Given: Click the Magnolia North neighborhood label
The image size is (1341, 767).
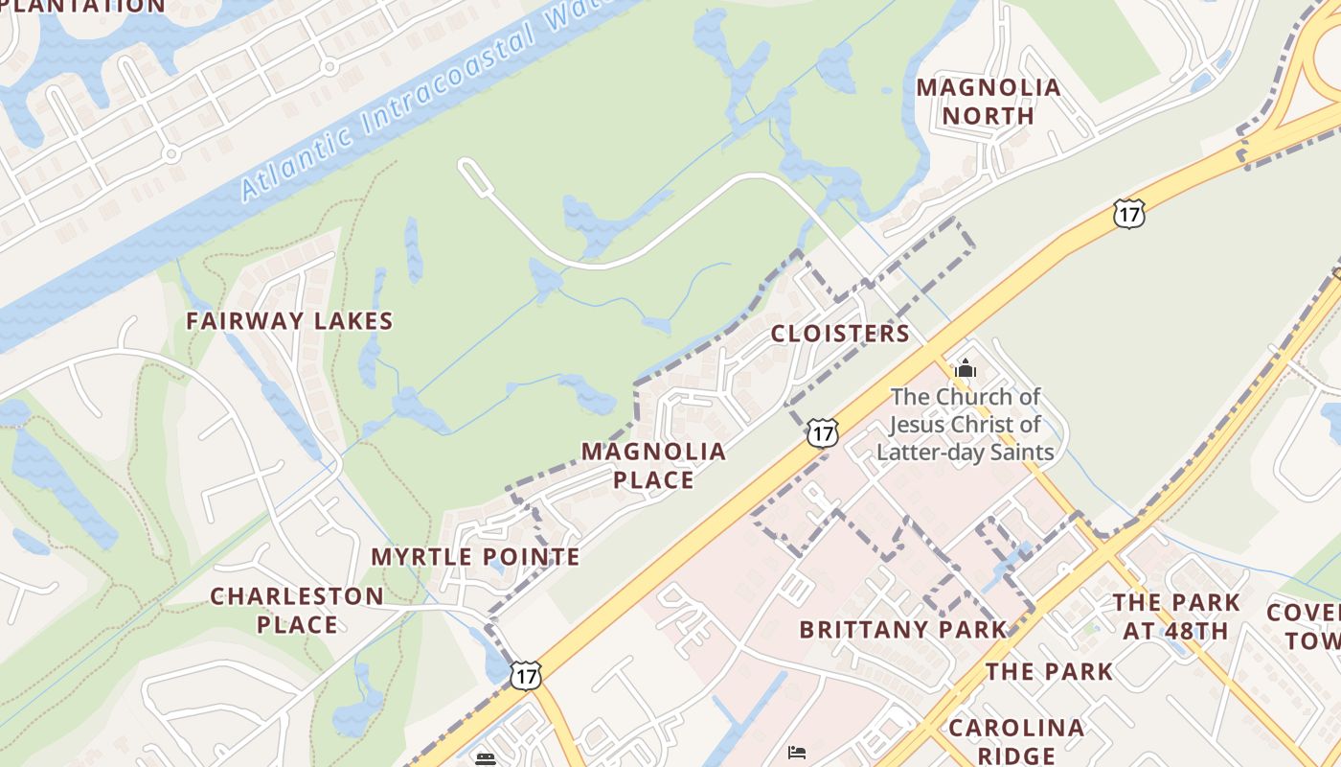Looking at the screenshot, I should point(989,102).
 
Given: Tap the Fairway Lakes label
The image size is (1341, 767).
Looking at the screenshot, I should point(289,321).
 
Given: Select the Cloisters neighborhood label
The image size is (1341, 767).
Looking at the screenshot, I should point(840,334).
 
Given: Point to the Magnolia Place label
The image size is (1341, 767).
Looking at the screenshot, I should point(653,465).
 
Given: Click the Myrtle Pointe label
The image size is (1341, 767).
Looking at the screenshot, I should point(475,557).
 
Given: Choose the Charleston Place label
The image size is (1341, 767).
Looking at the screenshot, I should point(297,610).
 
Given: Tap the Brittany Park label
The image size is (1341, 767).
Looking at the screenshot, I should point(903,630).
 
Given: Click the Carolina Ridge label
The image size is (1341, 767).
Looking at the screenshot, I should point(1016,741).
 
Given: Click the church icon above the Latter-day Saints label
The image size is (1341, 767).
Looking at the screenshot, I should point(965,368).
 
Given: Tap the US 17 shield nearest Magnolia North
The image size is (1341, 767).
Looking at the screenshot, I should point(1129,214).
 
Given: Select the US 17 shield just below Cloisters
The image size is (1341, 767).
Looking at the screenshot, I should point(822,432).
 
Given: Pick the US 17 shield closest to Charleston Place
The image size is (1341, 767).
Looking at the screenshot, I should point(525,675).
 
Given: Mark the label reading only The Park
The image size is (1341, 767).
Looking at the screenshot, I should point(1050,672).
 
